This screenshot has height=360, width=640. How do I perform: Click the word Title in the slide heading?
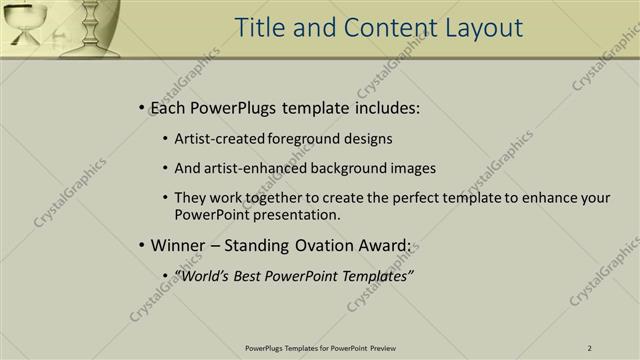coord(261,28)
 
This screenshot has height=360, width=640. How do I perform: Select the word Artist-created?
coord(219,140)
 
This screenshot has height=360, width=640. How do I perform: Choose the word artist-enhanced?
coord(250,169)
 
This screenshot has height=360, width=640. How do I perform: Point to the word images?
coord(413,169)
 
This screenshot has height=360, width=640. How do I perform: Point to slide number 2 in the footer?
coord(590,348)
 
